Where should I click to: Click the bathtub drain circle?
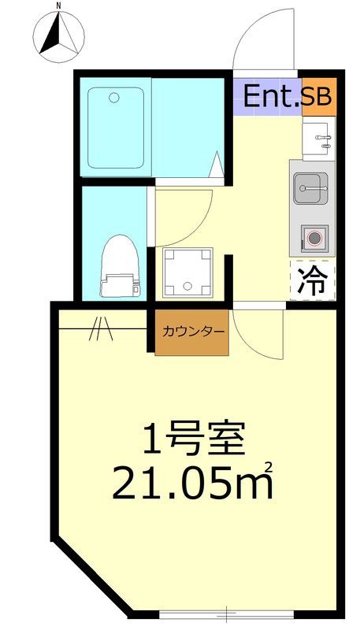(x=114, y=98)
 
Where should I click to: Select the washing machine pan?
(x=188, y=272)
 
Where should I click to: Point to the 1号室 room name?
(x=194, y=439)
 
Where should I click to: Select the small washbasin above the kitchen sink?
(x=320, y=141)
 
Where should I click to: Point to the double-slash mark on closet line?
(x=100, y=328)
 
